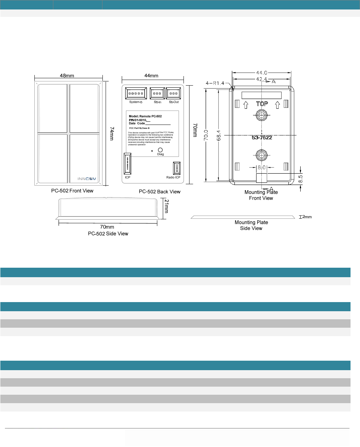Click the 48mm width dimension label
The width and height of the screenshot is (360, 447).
(x=67, y=75)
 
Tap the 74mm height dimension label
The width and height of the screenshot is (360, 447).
(x=112, y=134)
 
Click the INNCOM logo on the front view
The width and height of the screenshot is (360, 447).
(x=87, y=179)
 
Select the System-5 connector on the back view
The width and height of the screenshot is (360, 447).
(x=136, y=94)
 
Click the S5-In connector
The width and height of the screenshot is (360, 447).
(x=157, y=94)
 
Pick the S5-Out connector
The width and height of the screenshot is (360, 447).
(x=173, y=94)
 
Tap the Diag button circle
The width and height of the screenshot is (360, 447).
(x=160, y=150)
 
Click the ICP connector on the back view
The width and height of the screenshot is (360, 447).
(x=127, y=164)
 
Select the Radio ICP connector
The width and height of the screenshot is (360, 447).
(x=176, y=168)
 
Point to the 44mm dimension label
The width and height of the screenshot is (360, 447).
(x=151, y=76)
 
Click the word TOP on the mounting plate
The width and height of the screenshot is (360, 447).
(x=262, y=104)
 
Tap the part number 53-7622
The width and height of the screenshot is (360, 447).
(x=262, y=138)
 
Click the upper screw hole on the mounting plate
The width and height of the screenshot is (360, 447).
(x=261, y=115)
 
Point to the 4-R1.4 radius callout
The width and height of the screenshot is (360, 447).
(x=215, y=83)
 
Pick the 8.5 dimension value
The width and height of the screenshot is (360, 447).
(x=300, y=179)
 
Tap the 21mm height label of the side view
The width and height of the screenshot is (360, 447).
(x=167, y=206)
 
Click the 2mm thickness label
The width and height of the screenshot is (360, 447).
(x=307, y=217)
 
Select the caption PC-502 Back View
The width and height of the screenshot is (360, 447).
(x=160, y=192)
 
